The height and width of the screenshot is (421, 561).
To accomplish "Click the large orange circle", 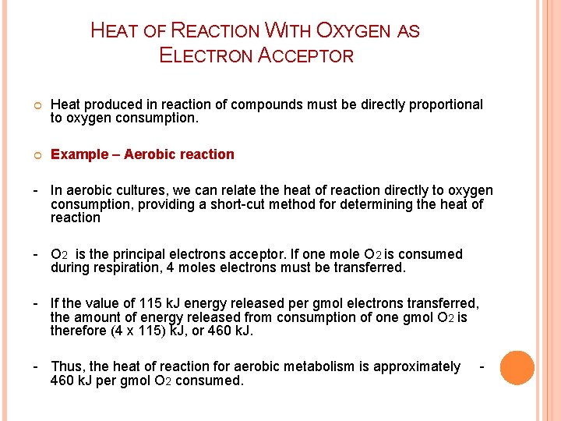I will click(517, 368).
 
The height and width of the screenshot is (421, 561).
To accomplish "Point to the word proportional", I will click(444, 104).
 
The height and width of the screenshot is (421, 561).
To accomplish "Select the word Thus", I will click(68, 366).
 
